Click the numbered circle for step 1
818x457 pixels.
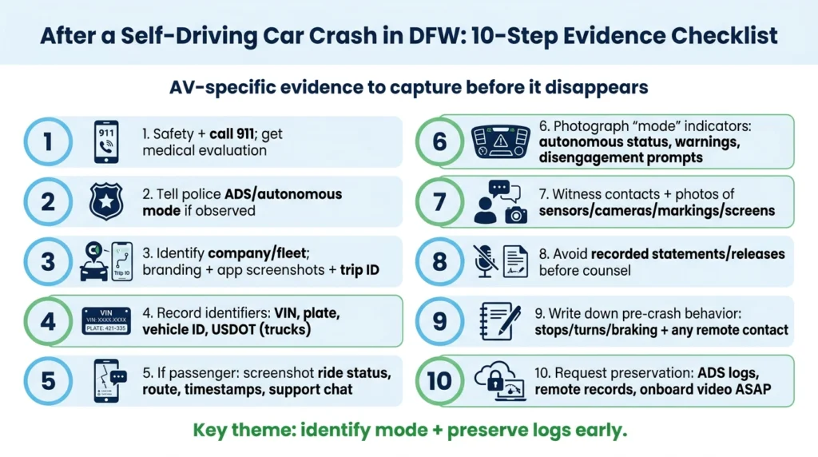(x=48, y=142)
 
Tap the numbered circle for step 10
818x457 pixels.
(x=439, y=380)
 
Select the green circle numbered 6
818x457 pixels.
(x=439, y=142)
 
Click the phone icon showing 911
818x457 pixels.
(x=106, y=142)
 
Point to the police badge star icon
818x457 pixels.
(x=106, y=201)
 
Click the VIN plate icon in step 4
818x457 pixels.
(x=106, y=320)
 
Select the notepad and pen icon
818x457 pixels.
(x=499, y=320)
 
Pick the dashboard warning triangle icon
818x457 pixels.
(x=498, y=142)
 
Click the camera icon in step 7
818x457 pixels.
(x=517, y=213)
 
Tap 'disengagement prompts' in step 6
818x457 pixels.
(x=621, y=157)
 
